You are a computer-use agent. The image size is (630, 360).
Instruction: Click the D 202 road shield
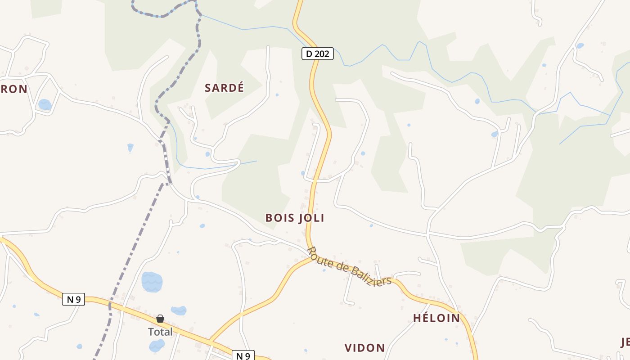[317, 54]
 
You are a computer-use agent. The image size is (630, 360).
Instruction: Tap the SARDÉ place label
[224, 88]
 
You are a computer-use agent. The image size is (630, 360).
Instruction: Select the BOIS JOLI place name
[295, 218]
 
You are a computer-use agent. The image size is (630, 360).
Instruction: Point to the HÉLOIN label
[436, 318]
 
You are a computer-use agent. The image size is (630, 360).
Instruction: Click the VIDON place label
[364, 348]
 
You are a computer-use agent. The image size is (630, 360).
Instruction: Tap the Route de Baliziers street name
[349, 267]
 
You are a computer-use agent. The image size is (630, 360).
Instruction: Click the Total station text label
[160, 332]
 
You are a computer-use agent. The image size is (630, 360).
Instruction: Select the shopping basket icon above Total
[160, 319]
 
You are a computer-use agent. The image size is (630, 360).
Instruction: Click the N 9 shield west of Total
[73, 299]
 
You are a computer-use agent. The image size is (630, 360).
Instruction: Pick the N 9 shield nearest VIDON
[243, 356]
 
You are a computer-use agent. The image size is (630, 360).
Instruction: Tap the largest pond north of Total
[152, 282]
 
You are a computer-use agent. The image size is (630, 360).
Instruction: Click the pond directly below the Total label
[157, 346]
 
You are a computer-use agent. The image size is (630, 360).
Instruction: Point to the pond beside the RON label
[45, 105]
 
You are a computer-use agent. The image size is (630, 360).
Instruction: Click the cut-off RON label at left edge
[14, 89]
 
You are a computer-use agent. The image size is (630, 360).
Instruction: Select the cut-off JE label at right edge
[625, 342]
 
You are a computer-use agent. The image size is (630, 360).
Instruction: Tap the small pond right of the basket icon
[179, 310]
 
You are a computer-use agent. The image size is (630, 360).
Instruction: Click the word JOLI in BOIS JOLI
[310, 218]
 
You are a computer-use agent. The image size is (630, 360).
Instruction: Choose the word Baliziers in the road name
[370, 275]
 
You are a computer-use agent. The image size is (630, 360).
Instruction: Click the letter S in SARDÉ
[208, 88]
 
